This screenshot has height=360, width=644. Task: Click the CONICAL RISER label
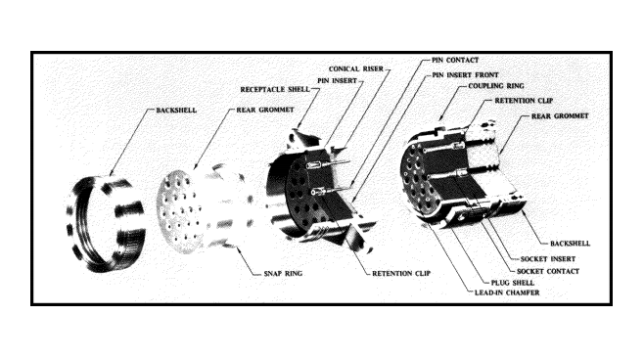(x=355, y=68)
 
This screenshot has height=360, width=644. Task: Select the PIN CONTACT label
(x=455, y=60)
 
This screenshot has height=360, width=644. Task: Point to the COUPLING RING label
(x=496, y=86)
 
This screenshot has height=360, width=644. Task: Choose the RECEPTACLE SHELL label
(x=275, y=89)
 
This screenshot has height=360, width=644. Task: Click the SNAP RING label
(x=283, y=273)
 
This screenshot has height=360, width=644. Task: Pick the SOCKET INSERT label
(x=548, y=259)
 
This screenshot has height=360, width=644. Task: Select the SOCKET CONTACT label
(x=548, y=271)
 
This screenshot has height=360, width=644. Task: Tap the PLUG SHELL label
(x=513, y=283)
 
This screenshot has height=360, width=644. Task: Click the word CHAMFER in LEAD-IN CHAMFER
(x=523, y=292)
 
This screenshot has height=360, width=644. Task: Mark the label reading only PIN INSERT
(x=337, y=81)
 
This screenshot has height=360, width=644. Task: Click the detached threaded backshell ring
(x=106, y=225)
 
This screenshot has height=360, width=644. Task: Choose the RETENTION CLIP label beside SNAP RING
(x=401, y=273)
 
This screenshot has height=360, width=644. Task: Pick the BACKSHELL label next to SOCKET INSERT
(x=570, y=244)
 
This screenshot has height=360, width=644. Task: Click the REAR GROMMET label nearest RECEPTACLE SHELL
(x=265, y=110)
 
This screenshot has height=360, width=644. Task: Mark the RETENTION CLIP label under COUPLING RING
(x=524, y=101)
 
